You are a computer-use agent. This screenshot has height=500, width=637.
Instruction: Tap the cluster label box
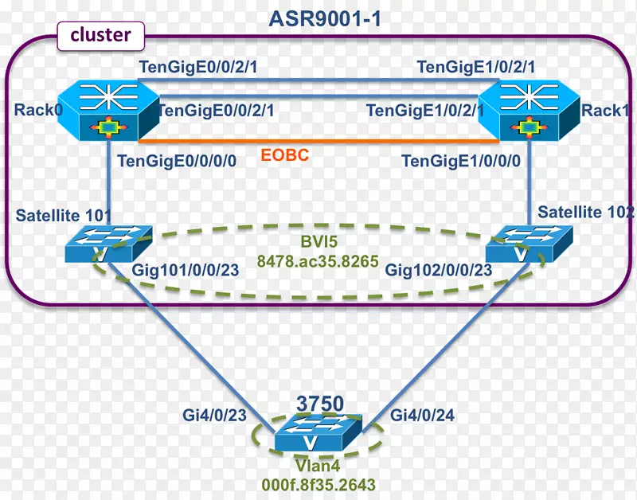pos(100,35)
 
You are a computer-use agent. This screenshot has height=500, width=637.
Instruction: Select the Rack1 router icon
pos(526,110)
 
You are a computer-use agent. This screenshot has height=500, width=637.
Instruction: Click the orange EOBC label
pos(285,155)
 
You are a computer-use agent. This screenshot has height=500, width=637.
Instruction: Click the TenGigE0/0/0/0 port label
pos(177,161)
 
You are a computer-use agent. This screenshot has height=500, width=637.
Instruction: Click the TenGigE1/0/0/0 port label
pos(461,161)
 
